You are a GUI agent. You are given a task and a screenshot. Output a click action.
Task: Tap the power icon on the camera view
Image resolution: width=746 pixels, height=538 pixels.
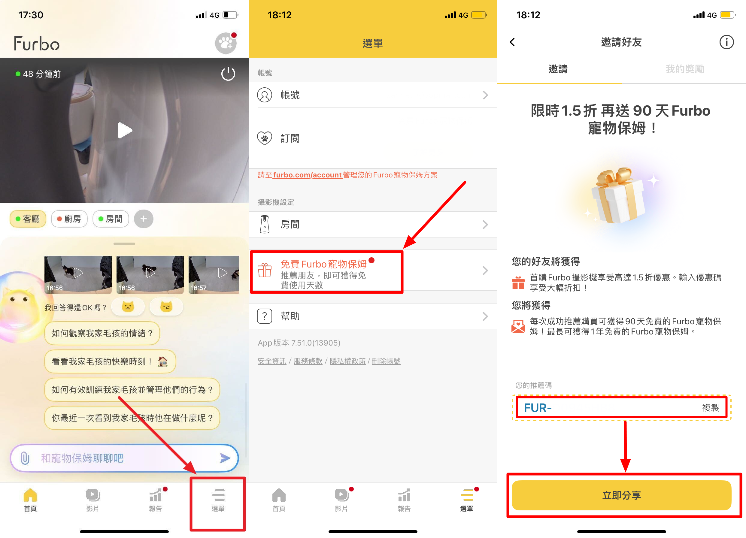pos(228,74)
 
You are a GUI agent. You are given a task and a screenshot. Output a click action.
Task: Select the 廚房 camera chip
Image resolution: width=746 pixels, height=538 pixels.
pos(69,219)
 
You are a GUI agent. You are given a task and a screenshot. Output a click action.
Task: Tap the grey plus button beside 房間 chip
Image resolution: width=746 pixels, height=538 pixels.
pos(144,219)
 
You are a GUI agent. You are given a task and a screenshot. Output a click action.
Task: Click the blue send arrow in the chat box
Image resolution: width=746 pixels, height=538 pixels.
pos(225,458)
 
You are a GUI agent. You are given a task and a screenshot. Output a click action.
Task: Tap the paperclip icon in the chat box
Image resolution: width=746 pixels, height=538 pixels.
pos(25,458)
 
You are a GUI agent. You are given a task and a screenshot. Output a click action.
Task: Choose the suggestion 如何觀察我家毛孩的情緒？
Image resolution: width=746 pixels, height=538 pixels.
pos(102,333)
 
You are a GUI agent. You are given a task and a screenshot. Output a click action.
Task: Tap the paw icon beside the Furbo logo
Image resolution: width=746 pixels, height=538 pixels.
pos(226,43)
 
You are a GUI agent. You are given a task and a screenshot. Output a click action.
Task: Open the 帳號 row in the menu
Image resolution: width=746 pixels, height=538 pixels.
pos(373,95)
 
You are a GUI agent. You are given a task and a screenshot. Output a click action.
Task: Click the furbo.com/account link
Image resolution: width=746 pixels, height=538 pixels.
pos(308,175)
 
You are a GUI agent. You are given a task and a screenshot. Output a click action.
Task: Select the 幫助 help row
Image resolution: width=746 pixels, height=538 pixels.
pos(373,316)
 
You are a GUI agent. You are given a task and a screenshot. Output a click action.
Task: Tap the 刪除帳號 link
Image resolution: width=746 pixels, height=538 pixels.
pos(386,361)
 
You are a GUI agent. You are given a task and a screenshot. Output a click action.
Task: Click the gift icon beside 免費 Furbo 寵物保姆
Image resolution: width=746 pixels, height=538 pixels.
pos(265,270)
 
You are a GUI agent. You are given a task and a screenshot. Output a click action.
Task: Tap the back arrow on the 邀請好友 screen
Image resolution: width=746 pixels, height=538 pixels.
pos(512,42)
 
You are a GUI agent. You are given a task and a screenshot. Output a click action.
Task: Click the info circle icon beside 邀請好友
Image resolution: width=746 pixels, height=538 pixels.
pos(726,42)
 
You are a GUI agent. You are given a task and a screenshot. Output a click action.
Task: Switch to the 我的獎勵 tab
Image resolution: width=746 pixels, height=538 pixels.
pos(685,69)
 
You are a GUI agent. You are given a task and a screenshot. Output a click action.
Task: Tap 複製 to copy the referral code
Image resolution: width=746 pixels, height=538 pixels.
pos(711,408)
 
